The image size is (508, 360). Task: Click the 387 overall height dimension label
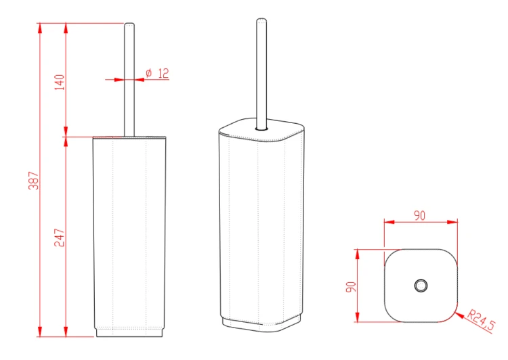click(x=33, y=181)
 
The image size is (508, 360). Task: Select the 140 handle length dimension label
click(x=60, y=83)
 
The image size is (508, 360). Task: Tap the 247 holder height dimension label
click(x=60, y=238)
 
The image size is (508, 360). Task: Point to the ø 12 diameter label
click(x=157, y=73)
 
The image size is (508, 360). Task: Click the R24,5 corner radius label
click(x=482, y=320)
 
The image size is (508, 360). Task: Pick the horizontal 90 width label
click(x=419, y=216)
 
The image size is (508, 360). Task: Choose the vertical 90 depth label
click(x=351, y=287)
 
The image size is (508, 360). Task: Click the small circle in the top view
click(x=421, y=286)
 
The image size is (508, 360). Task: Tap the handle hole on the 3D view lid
click(x=261, y=129)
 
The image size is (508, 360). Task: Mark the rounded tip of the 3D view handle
click(x=261, y=20)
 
